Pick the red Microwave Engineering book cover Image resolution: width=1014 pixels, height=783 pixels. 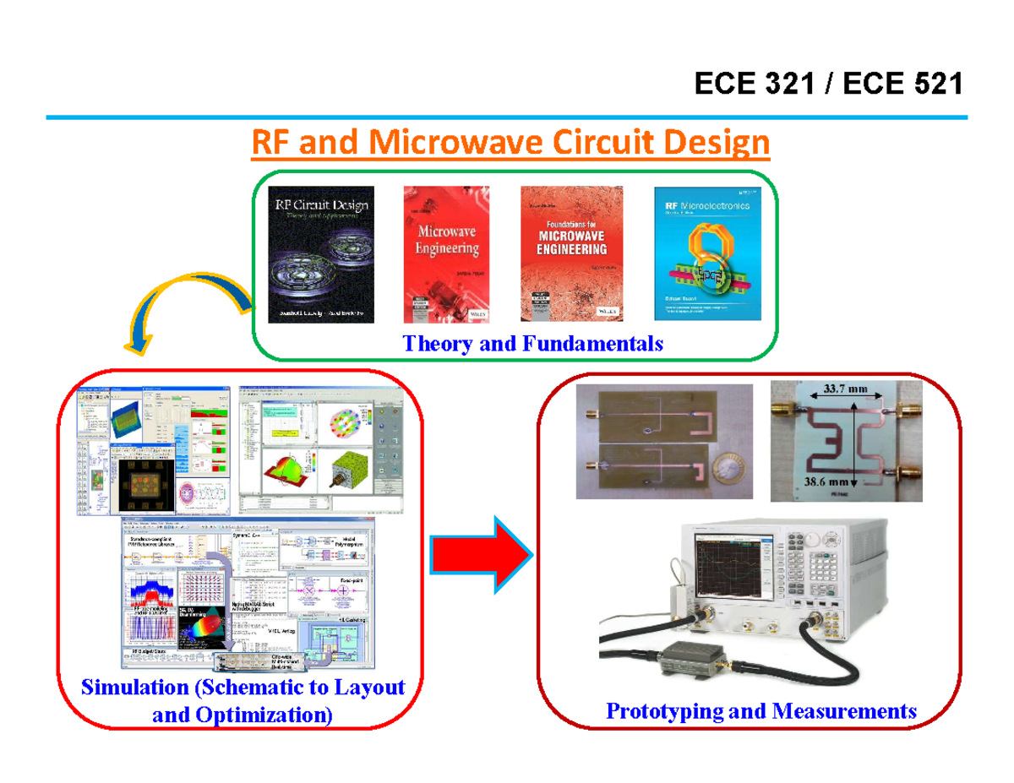tap(446, 253)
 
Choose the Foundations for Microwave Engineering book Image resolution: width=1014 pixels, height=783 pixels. tap(571, 253)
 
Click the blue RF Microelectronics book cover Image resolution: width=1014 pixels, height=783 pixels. tap(708, 253)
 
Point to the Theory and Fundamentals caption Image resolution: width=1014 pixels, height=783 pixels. tap(532, 344)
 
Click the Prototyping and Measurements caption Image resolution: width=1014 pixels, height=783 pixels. tap(760, 710)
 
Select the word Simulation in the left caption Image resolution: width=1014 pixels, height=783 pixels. tap(134, 688)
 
